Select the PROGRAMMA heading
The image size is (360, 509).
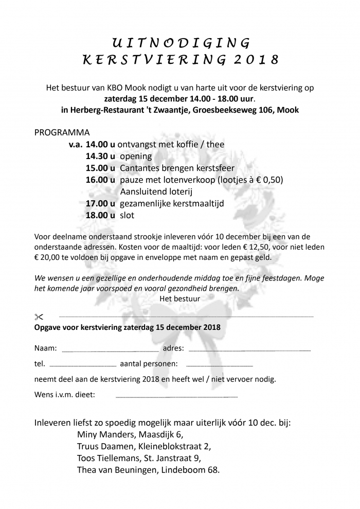(x=62, y=132)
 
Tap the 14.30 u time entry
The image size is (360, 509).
(x=100, y=156)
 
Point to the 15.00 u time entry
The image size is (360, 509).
(x=100, y=168)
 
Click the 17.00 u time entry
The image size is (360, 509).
(x=100, y=203)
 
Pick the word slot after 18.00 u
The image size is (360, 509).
(x=127, y=215)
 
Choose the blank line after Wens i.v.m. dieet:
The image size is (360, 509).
(x=176, y=397)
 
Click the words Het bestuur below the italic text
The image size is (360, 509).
(x=180, y=298)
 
